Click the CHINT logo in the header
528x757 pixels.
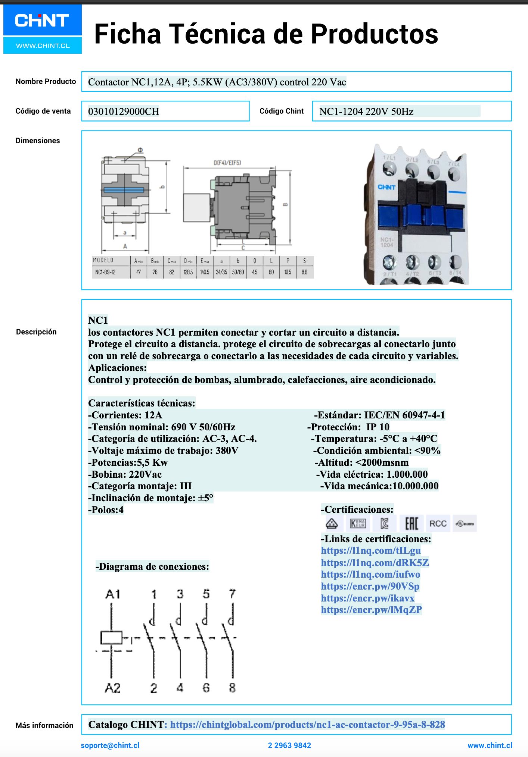pos(42,21)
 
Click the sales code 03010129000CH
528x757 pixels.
pos(124,111)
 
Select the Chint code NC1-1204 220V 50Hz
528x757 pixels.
pos(366,111)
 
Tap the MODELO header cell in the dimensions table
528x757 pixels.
pos(103,260)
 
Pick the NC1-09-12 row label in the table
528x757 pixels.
pos(105,272)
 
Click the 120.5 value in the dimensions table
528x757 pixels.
pos(188,272)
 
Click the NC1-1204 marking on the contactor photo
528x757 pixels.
pos(386,242)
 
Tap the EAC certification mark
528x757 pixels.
pos(411,524)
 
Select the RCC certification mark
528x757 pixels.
pos(438,524)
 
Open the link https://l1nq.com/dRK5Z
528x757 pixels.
pos(375,562)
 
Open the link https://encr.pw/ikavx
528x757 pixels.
pos(367,598)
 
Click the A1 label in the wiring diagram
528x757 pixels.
pos(113,594)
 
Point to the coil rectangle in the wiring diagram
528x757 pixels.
pos(111,638)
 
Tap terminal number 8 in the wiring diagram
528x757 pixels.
pos(232,688)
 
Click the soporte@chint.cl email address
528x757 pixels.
pos(110,745)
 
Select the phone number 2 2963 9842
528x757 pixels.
pos(289,745)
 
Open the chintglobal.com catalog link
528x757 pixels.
pos(307,725)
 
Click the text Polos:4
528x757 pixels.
pos(106,510)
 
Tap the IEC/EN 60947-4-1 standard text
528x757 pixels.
pos(404,415)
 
